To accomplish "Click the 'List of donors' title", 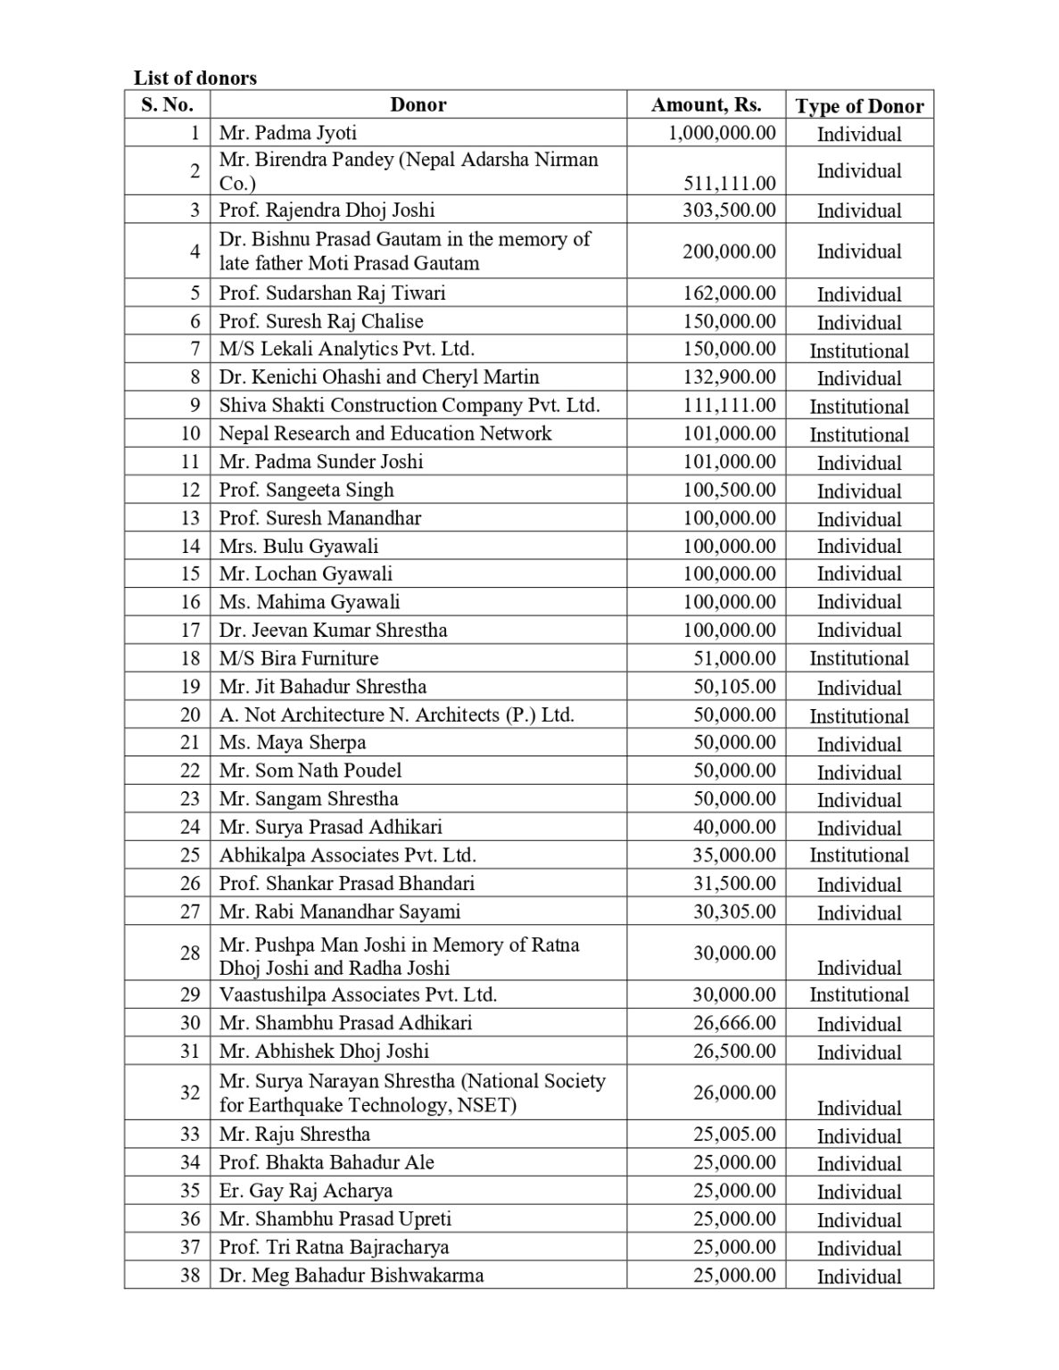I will click(195, 78).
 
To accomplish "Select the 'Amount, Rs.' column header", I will click(706, 104).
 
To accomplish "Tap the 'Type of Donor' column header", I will click(859, 106).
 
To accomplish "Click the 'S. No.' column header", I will click(167, 104).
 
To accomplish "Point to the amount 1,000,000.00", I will click(722, 133).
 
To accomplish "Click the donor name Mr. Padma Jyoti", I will click(287, 133).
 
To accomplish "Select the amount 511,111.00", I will click(729, 183).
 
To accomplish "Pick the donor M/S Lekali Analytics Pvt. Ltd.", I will click(346, 349).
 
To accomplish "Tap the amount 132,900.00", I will click(729, 376).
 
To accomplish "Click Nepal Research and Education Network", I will click(385, 433).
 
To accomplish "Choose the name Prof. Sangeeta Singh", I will click(306, 490).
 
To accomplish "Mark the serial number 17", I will click(190, 630).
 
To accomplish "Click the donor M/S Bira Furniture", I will click(299, 658).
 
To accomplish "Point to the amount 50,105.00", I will click(734, 686).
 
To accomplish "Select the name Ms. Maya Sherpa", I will click(293, 742).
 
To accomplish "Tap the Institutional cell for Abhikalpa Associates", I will click(859, 854).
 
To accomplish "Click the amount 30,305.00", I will click(734, 911).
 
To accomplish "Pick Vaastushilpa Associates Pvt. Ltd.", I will click(358, 994).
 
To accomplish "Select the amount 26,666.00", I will click(734, 1022).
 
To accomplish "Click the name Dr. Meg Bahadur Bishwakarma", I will click(352, 1275).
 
